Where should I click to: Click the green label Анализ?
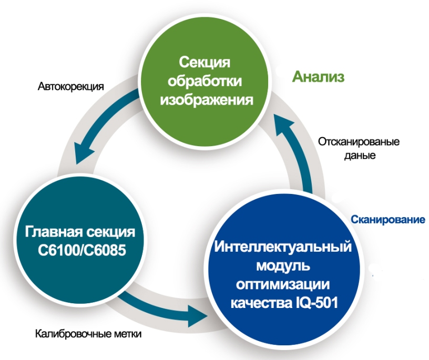click(x=318, y=77)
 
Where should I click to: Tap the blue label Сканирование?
click(x=388, y=219)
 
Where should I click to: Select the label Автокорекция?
click(x=71, y=86)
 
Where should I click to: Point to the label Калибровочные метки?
click(x=88, y=334)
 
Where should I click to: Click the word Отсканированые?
click(x=359, y=142)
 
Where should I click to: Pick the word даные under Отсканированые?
click(x=360, y=156)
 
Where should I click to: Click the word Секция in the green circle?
click(x=205, y=63)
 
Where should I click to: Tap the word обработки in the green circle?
click(x=205, y=81)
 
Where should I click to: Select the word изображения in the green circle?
click(x=207, y=100)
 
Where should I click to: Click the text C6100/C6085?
click(x=82, y=250)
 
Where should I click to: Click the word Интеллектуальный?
click(x=283, y=247)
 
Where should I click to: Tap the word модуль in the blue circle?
click(x=283, y=265)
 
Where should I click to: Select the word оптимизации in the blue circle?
click(x=283, y=284)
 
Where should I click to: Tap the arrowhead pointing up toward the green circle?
click(x=285, y=125)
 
